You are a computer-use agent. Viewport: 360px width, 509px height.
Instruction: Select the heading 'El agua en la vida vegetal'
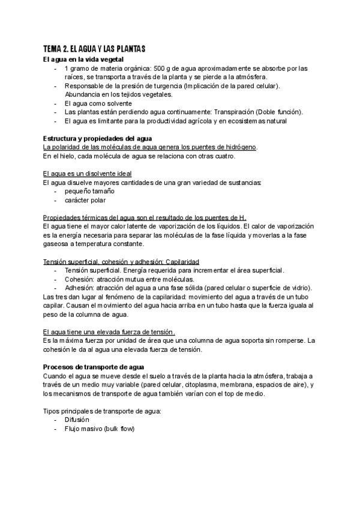coord(83,59)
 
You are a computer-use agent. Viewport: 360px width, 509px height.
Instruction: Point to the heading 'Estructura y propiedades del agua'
coord(93,139)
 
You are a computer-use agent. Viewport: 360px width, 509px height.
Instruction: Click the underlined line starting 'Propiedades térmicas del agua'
coord(145,217)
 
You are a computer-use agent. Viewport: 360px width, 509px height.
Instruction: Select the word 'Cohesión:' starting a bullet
coord(79,279)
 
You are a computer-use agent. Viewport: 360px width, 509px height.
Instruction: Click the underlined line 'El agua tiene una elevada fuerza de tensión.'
coord(109,332)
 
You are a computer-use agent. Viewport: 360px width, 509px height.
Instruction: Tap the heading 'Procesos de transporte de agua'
coord(93,367)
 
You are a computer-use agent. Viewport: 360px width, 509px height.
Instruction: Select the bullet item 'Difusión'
coord(77,420)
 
